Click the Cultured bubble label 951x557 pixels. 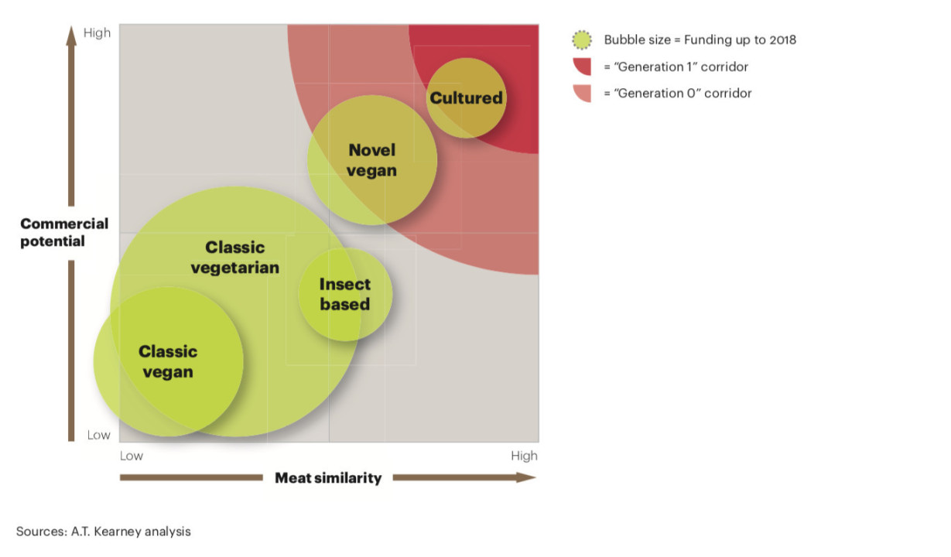(466, 98)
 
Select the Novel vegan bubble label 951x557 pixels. (371, 160)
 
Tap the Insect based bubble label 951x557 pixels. (345, 294)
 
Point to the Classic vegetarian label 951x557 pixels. (234, 258)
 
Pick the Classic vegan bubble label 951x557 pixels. (168, 361)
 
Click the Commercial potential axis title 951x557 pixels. (64, 232)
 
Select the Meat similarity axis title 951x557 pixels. (328, 478)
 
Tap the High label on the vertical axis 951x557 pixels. (97, 33)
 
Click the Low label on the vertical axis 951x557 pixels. (98, 435)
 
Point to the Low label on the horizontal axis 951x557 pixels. (131, 456)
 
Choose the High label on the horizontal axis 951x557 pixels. (524, 456)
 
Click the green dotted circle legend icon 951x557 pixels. (582, 40)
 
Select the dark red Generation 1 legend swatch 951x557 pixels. (583, 67)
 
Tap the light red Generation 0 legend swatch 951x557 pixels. (583, 93)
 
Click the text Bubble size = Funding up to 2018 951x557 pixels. (700, 40)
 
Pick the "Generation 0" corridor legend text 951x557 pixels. (677, 94)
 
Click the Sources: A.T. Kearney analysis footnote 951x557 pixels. (103, 531)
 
